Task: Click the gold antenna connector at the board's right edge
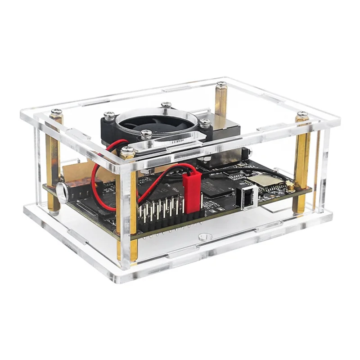(x=291, y=185)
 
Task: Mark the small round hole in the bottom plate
(x=204, y=236)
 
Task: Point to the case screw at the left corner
(x=56, y=112)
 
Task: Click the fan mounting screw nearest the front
(x=146, y=134)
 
